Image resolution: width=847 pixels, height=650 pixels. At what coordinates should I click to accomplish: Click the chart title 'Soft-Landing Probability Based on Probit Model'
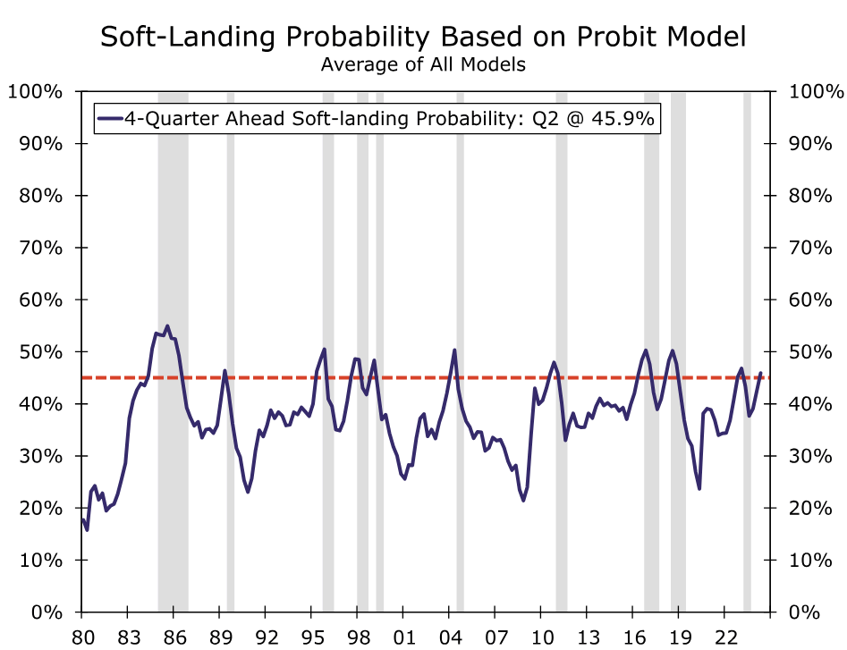coord(423,37)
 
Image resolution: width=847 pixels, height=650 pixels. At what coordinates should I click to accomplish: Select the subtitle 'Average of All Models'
coord(423,64)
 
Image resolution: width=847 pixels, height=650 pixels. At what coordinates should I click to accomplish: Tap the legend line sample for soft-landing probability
coord(109,118)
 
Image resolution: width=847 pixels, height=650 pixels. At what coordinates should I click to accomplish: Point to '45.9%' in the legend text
coord(623,118)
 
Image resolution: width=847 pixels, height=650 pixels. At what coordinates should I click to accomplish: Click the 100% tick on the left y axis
coord(34,91)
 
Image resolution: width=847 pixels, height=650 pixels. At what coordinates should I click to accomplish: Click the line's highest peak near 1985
coord(167,325)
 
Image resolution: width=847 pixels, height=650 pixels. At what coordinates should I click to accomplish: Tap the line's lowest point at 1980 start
coord(87,529)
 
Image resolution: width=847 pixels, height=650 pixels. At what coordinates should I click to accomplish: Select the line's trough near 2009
coord(523,500)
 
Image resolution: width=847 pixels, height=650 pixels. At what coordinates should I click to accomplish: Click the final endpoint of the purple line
coord(761,373)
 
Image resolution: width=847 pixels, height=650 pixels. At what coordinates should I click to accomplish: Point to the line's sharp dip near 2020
coord(699,488)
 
